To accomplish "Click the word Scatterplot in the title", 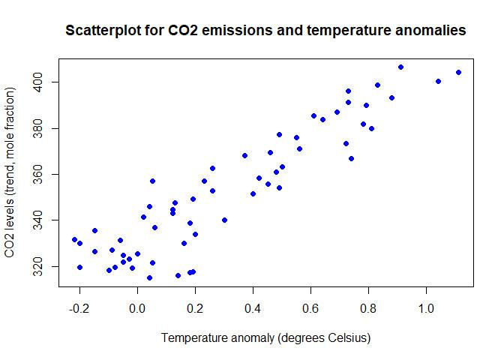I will click(102, 31).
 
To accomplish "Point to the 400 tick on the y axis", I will click(46, 81).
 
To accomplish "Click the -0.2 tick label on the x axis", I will click(78, 308).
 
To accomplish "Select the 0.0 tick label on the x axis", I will click(137, 308).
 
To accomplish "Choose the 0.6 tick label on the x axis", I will click(310, 308).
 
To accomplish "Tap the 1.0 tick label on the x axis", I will click(426, 308).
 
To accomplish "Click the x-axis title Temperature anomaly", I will click(217, 338).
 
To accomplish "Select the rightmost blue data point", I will click(458, 73).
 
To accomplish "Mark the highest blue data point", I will click(400, 67).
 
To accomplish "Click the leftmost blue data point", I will click(74, 239).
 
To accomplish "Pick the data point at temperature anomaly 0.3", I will click(224, 220).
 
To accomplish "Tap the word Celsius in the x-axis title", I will click(344, 338).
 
